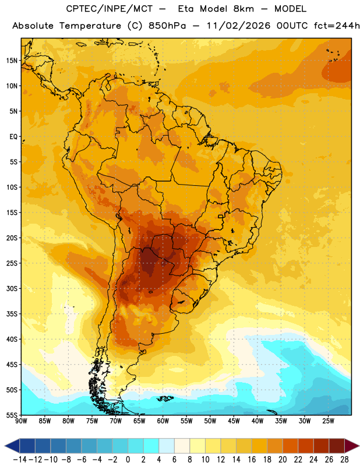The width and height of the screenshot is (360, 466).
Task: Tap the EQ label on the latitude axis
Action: [13, 137]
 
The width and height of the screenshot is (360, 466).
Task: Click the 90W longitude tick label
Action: [21, 421]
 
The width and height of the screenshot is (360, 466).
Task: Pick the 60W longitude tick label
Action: [163, 421]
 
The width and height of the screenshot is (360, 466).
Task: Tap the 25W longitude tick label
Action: [328, 421]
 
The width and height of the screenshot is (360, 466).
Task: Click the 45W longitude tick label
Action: [234, 421]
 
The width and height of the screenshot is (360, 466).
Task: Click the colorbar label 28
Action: [344, 460]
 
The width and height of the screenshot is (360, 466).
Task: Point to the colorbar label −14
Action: [20, 460]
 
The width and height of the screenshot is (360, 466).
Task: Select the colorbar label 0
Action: [128, 460]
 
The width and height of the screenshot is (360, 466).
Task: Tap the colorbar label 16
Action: [252, 460]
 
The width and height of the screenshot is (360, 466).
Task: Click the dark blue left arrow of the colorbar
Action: [12, 446]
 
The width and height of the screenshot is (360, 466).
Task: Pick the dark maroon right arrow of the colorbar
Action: [352, 446]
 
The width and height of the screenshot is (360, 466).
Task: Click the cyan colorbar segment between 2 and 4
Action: [151, 446]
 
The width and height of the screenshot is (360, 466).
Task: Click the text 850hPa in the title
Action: [167, 26]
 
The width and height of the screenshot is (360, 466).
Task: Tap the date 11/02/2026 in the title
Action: [238, 26]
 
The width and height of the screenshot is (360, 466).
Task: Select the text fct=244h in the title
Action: [337, 26]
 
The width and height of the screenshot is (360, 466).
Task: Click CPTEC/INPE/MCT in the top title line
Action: [110, 9]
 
